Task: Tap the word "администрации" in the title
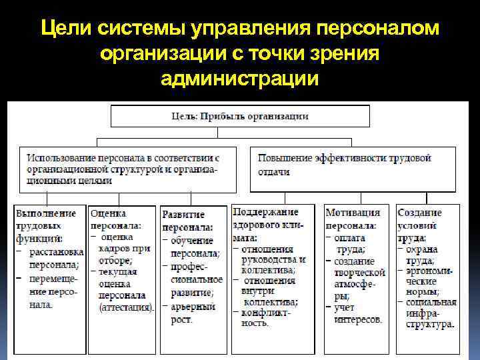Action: click(239, 79)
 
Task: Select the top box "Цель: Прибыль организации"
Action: click(240, 117)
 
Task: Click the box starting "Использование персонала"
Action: click(127, 169)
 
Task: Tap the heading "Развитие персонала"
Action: click(185, 221)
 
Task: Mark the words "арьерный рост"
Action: click(193, 313)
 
